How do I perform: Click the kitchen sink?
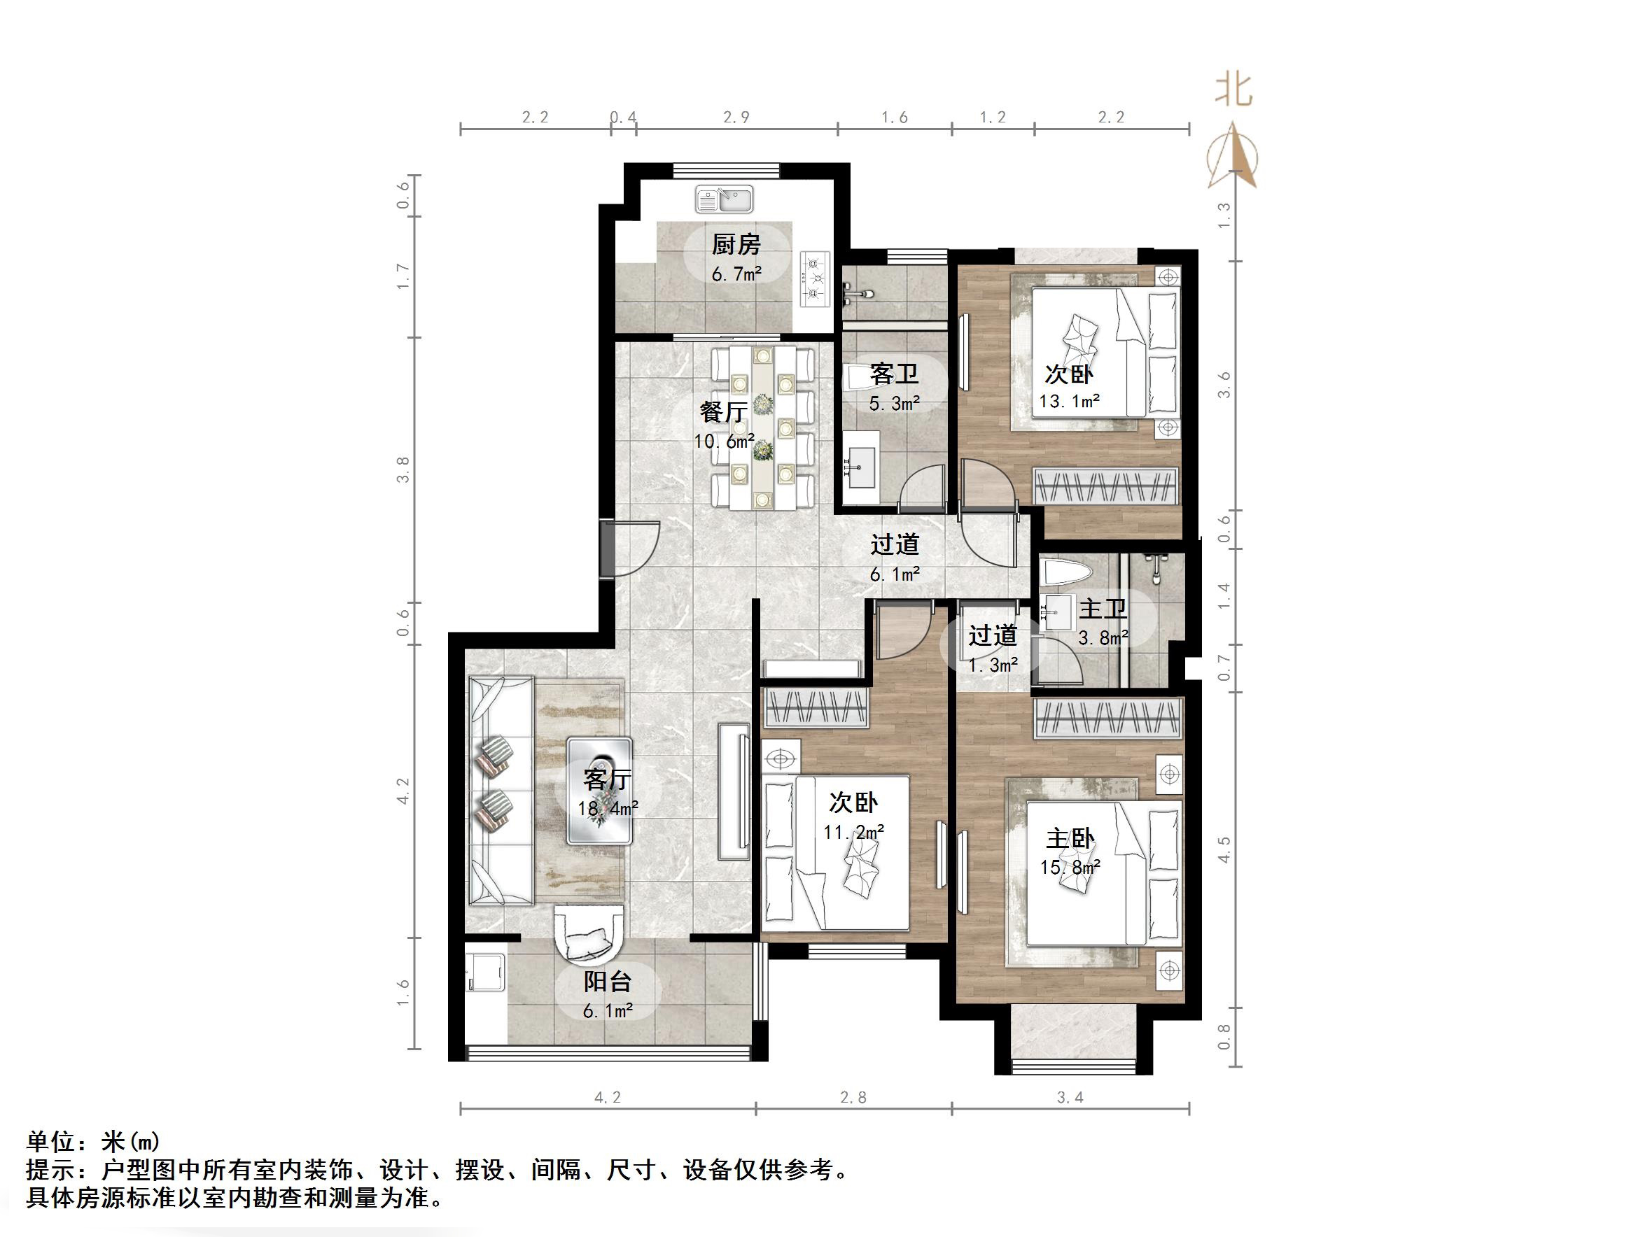coord(725,199)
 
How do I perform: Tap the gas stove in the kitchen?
coord(815,278)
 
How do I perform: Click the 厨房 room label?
coord(736,245)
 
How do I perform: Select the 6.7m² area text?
coord(736,274)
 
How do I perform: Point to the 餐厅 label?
coord(723,411)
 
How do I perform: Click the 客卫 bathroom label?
coord(894,374)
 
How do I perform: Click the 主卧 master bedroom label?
coord(1070,839)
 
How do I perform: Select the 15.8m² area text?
coord(1070,868)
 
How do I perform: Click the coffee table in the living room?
coord(600,791)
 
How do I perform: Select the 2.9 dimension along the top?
coord(736,117)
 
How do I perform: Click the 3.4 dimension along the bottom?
coord(1070,1098)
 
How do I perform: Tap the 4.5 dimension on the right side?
coord(1224,849)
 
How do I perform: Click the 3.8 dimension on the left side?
coord(403,469)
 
